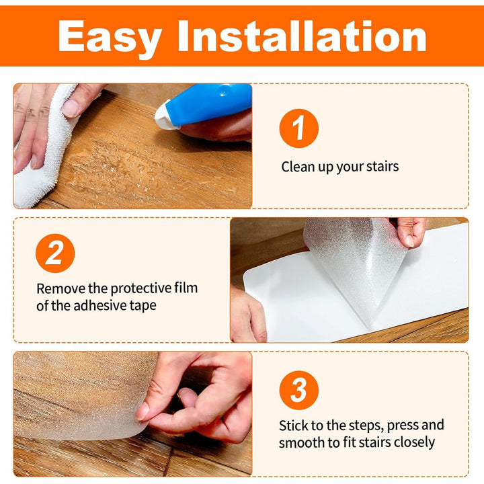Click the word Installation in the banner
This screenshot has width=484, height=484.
pyautogui.click(x=302, y=36)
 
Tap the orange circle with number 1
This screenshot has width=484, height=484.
pyautogui.click(x=298, y=128)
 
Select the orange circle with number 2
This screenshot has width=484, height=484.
pyautogui.click(x=55, y=253)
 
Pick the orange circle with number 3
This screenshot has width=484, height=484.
pyautogui.click(x=298, y=390)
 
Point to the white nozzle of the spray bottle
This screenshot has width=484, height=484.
pyautogui.click(x=163, y=116)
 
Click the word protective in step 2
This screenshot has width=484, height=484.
pyautogui.click(x=140, y=289)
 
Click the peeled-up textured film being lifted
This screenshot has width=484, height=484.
pyautogui.click(x=355, y=266)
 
